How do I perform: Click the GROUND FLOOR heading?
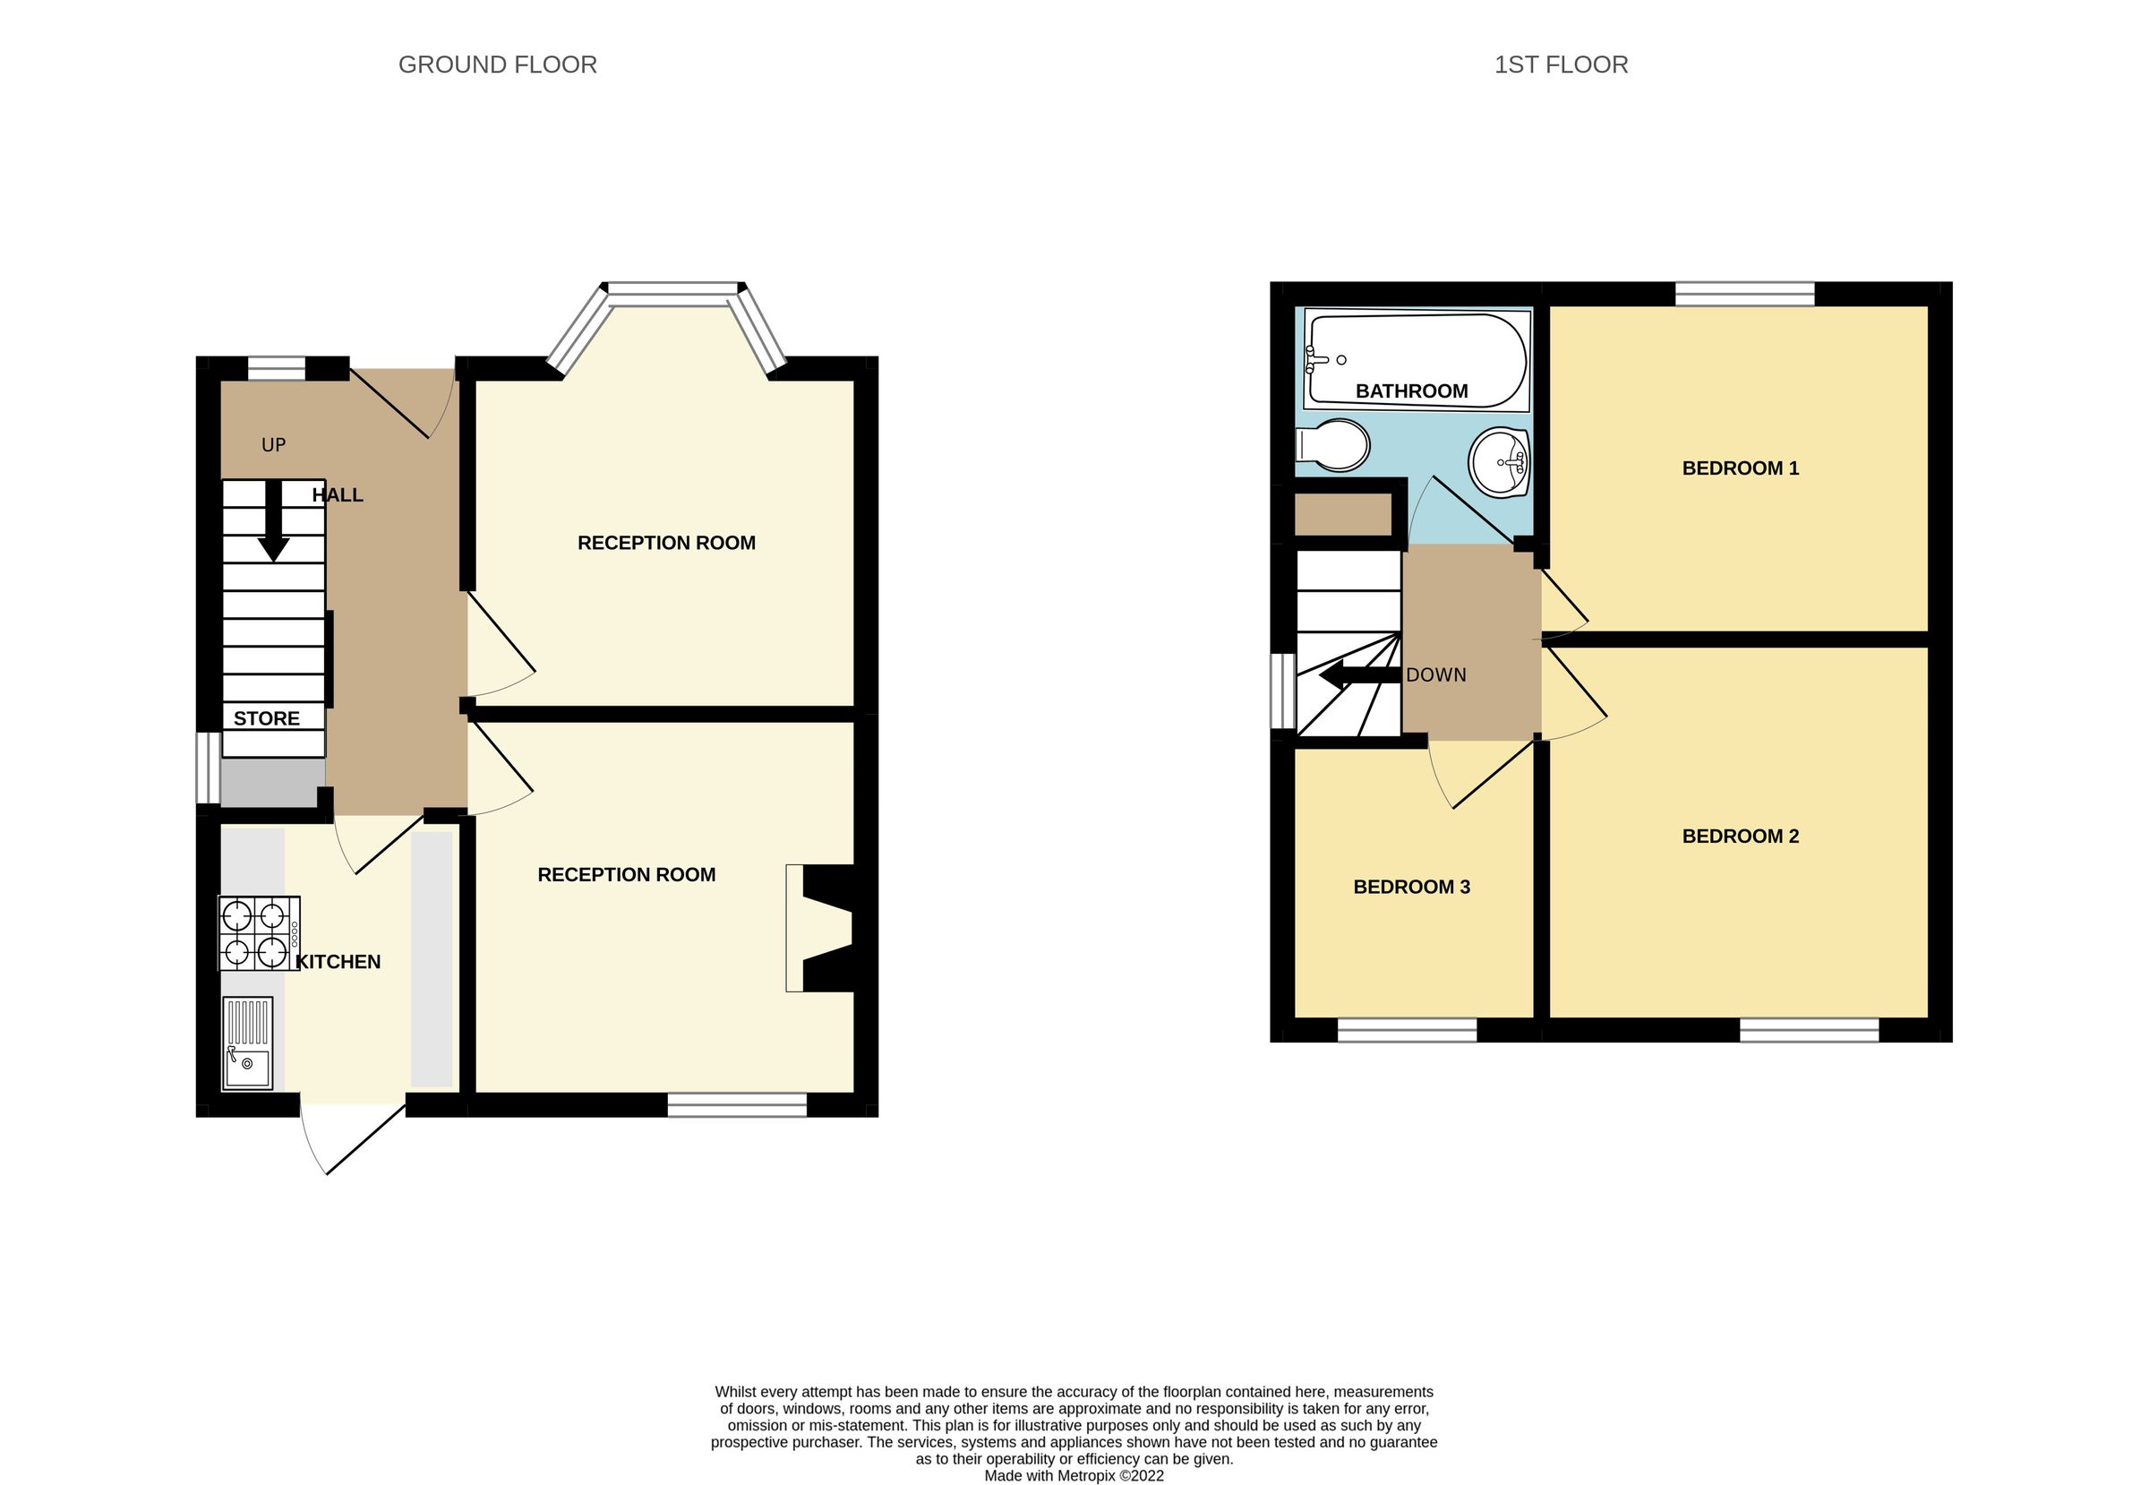tap(497, 64)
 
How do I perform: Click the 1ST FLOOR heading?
tap(1560, 64)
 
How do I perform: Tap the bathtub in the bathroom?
tap(1417, 360)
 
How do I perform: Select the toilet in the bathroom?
tap(1332, 446)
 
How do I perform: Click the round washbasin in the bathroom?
tap(1499, 461)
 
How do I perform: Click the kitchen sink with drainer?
tap(247, 1043)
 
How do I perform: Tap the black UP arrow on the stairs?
tap(272, 521)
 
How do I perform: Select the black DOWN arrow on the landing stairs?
tap(1358, 675)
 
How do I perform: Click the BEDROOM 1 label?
tap(1740, 468)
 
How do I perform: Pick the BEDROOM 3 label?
tap(1410, 887)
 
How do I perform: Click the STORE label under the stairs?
tap(266, 718)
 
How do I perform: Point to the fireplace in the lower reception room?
tap(823, 928)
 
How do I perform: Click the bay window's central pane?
tap(673, 293)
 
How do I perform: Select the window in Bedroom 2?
tap(1809, 1029)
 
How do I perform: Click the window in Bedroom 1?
tap(1744, 294)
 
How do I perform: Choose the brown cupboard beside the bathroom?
tap(1342, 514)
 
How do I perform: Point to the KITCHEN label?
tap(338, 962)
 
